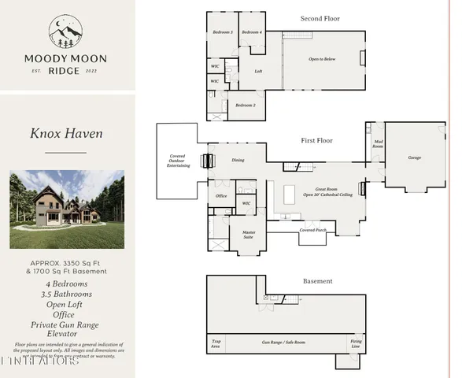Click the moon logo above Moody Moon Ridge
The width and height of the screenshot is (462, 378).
click(x=65, y=34)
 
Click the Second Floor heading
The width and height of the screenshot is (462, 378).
click(x=320, y=17)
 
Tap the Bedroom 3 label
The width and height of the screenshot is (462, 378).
click(x=222, y=32)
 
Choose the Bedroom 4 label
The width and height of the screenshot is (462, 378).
click(x=250, y=32)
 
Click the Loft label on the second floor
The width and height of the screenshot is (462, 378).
click(x=257, y=72)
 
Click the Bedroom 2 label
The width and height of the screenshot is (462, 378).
click(x=244, y=105)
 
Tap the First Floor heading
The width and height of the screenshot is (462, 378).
click(x=317, y=140)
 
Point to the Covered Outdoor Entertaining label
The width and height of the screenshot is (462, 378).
click(x=177, y=161)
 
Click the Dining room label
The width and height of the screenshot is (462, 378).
click(x=238, y=161)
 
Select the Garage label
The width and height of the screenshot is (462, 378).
click(x=414, y=157)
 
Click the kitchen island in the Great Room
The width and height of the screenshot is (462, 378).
click(x=289, y=193)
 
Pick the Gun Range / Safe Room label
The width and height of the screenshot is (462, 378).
click(x=283, y=343)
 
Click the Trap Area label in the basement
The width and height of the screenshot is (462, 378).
click(x=215, y=344)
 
